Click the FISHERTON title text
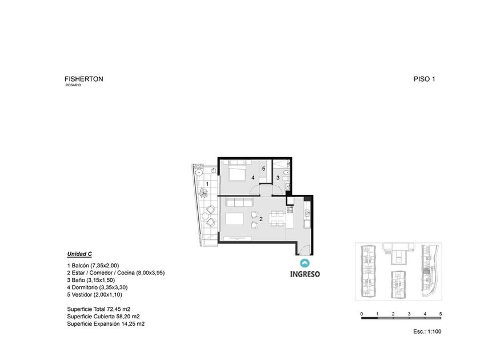(x=84, y=79)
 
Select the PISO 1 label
(x=424, y=79)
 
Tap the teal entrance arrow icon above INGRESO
(x=305, y=263)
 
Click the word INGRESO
(x=305, y=274)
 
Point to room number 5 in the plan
(x=263, y=169)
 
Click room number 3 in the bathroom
(x=278, y=178)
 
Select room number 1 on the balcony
(x=207, y=184)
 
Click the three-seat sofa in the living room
(x=239, y=202)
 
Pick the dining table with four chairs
(x=277, y=218)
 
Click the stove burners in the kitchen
(x=290, y=210)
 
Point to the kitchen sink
(x=307, y=213)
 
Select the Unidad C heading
(x=79, y=254)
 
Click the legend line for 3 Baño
(x=91, y=280)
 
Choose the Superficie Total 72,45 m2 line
(x=98, y=309)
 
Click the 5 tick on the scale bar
(x=441, y=314)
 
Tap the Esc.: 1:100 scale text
(x=427, y=331)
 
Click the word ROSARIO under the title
(x=73, y=85)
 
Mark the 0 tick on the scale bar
(x=362, y=314)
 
